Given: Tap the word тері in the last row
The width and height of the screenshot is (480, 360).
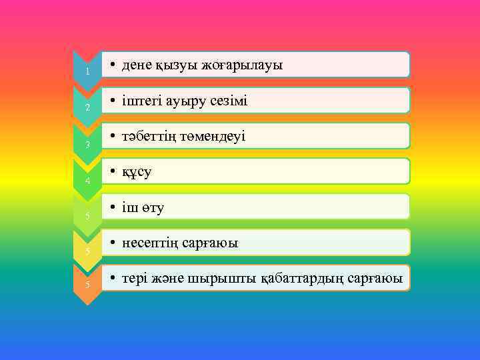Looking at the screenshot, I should (133, 279).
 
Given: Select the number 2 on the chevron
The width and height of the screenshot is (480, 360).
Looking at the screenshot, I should (87, 108).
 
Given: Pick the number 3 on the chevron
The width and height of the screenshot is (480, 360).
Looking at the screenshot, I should (87, 144).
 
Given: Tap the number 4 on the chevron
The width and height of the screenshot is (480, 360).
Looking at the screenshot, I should (87, 180).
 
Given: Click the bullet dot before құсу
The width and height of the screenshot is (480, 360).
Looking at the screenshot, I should (115, 172).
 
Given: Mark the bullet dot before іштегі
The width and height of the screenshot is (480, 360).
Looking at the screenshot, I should (115, 101).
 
